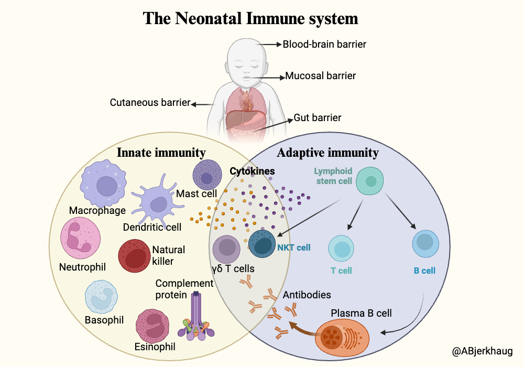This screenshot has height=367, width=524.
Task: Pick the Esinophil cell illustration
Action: pos(155,325)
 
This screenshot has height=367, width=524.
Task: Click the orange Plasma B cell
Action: pos(341,334)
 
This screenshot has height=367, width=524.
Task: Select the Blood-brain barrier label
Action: pos(324,45)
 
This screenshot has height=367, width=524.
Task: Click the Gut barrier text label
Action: pos(317,117)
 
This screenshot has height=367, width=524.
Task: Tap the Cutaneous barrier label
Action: pos(149,102)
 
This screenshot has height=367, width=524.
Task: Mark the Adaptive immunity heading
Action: pos(327,153)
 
